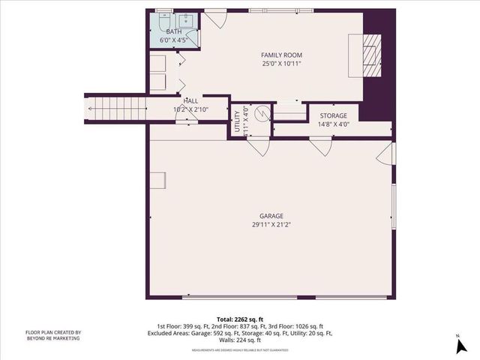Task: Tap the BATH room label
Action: pos(173,31)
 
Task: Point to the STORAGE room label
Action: pos(333,115)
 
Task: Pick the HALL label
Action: pos(190,100)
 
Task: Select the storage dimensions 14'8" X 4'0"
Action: pos(333,124)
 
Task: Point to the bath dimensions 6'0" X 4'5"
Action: pos(173,40)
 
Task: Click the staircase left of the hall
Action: pos(113,109)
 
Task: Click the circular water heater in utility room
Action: pos(262,115)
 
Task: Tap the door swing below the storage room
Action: pos(322,147)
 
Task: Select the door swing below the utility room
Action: pos(259,147)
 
